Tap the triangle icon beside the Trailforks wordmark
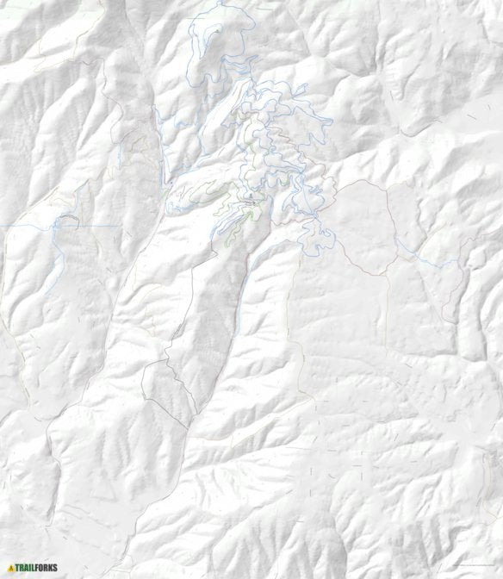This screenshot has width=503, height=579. [10, 568]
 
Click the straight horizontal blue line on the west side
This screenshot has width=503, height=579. [26, 226]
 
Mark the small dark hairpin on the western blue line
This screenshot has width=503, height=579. [67, 221]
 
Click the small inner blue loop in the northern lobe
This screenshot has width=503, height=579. [207, 34]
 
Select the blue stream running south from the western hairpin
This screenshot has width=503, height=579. [58, 250]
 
